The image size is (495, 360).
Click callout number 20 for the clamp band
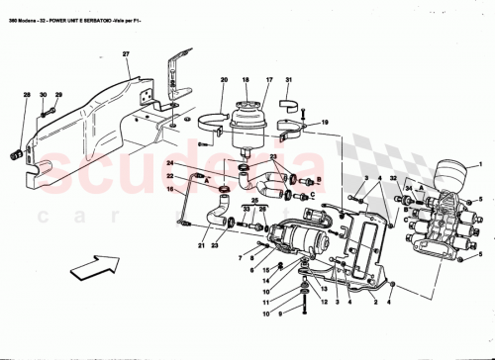click(224, 79)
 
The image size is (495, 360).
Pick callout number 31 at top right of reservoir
click(288, 79)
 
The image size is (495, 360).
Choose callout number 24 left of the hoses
click(169, 161)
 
